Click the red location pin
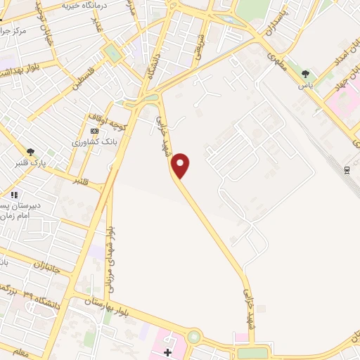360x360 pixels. click(x=181, y=165)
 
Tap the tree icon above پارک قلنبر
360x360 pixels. click(x=31, y=151)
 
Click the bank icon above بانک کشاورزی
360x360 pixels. click(x=95, y=131)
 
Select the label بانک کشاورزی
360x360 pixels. click(x=94, y=141)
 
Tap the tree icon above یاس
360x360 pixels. click(x=305, y=74)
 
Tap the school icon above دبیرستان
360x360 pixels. click(x=14, y=195)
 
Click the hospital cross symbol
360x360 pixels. click(x=167, y=351)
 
